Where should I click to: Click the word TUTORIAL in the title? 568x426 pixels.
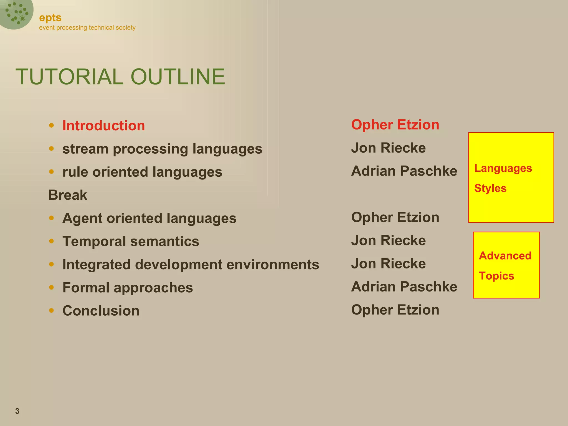[69, 77]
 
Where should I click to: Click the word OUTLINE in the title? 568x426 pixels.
[178, 77]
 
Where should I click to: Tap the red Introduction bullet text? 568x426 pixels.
[103, 126]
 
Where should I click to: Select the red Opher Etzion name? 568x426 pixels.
[395, 125]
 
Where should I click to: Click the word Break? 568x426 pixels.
[68, 195]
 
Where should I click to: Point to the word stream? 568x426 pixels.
[85, 149]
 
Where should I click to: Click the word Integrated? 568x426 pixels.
[96, 265]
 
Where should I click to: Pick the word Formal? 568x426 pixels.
[85, 288]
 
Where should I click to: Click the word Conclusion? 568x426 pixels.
[101, 311]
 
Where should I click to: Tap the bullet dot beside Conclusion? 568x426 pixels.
[51, 310]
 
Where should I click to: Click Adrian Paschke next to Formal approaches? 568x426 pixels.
[404, 287]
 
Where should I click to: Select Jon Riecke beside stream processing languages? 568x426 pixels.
[388, 148]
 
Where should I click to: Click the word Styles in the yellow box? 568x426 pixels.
[490, 188]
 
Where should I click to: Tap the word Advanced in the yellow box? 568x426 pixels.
[505, 256]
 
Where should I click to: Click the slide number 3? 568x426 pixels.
[17, 411]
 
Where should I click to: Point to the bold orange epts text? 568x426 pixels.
[50, 18]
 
